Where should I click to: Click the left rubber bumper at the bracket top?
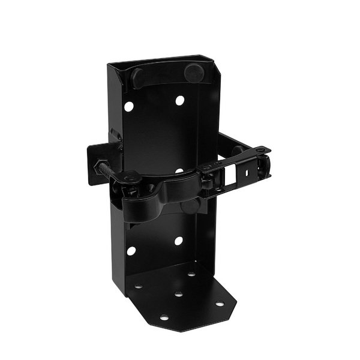pyautogui.click(x=137, y=78)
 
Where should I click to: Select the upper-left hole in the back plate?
pyautogui.click(x=129, y=106)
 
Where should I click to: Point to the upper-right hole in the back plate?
pyautogui.click(x=179, y=100)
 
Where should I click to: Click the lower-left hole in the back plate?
pyautogui.click(x=131, y=250)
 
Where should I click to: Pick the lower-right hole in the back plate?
pyautogui.click(x=178, y=241)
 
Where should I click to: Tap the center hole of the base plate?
pyautogui.click(x=178, y=295)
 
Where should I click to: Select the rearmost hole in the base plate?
pyautogui.click(x=191, y=274)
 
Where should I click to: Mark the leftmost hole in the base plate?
pyautogui.click(x=139, y=286)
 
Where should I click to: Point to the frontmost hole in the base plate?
pyautogui.click(x=164, y=316)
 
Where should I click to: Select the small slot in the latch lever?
pyautogui.click(x=246, y=171)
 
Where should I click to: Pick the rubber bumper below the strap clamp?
pyautogui.click(x=189, y=207)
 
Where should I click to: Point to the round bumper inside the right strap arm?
pyautogui.click(x=236, y=149)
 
